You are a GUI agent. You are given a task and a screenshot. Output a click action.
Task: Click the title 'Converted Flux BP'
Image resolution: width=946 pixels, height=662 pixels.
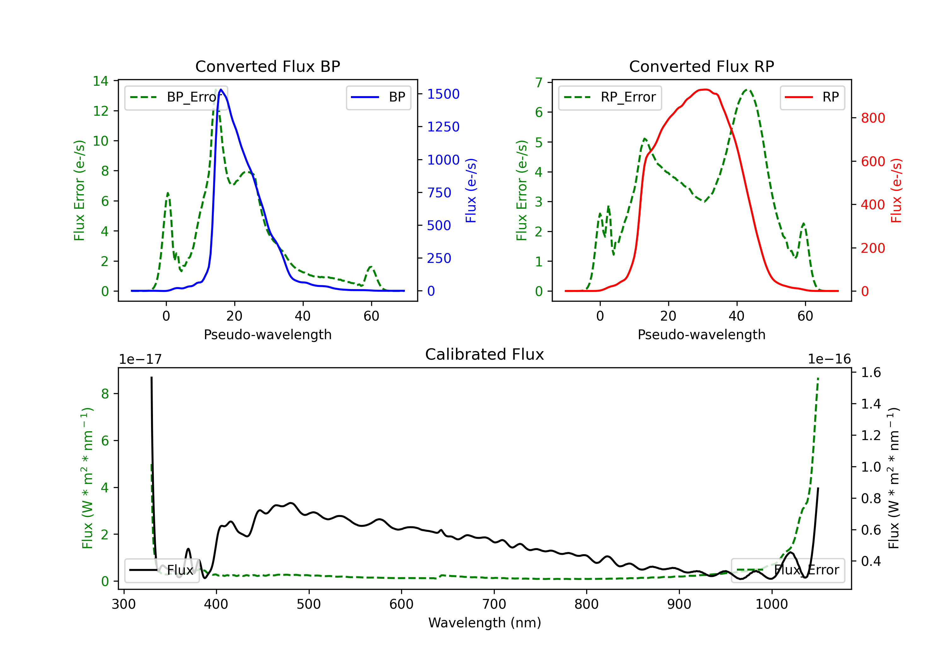pos(267,66)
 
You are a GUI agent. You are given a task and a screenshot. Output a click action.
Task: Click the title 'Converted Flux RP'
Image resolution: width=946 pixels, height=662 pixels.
pos(701,66)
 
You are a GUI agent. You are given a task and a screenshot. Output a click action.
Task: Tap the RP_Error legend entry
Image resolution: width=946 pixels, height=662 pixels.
pos(610,97)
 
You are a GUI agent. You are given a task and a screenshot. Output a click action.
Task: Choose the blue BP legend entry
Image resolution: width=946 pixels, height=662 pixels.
pos(378,97)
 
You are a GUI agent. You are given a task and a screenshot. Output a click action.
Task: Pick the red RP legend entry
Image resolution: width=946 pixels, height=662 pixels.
pos(812,97)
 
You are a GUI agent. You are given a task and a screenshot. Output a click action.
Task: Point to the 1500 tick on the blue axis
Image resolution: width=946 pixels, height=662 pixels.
pos(443,94)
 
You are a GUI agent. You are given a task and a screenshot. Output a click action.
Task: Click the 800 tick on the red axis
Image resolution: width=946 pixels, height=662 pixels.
pos(873,118)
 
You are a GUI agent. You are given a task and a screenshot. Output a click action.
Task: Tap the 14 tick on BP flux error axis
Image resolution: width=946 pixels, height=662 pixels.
pos(101,81)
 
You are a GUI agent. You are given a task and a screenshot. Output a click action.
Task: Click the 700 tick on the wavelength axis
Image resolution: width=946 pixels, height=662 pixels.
pos(493,604)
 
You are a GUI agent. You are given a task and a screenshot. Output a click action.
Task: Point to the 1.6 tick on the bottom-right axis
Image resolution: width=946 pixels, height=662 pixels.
pos(871,372)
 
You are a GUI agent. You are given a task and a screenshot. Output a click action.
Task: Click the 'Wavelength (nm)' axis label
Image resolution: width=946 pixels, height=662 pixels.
pos(485,623)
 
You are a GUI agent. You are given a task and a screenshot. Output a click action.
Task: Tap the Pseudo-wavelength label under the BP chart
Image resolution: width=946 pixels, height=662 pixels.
pos(267,334)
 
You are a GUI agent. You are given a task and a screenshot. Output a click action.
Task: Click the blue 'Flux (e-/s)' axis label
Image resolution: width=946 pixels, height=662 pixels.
pos(471,190)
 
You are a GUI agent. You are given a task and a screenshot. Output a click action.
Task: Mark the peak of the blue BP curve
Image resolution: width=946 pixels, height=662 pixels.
pos(221,90)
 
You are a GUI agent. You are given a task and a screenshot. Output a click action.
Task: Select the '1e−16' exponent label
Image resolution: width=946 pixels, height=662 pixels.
pos(829,359)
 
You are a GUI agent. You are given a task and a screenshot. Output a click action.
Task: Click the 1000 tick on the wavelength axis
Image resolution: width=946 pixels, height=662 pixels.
pos(771,604)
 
